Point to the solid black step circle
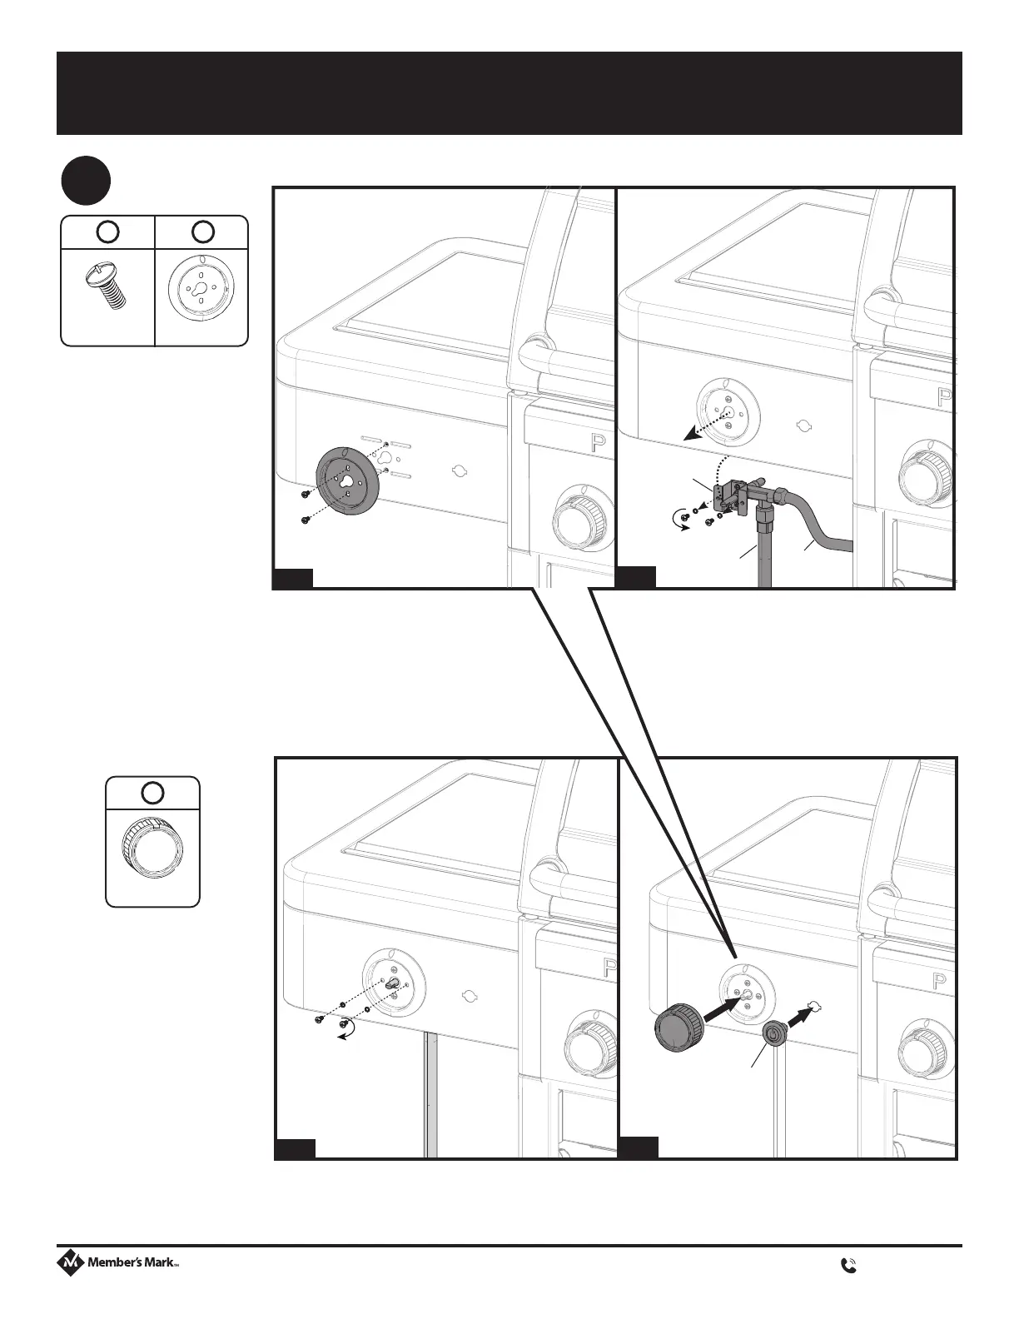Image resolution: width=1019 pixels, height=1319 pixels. click(x=86, y=181)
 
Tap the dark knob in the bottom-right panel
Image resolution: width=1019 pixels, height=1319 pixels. click(x=678, y=1029)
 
